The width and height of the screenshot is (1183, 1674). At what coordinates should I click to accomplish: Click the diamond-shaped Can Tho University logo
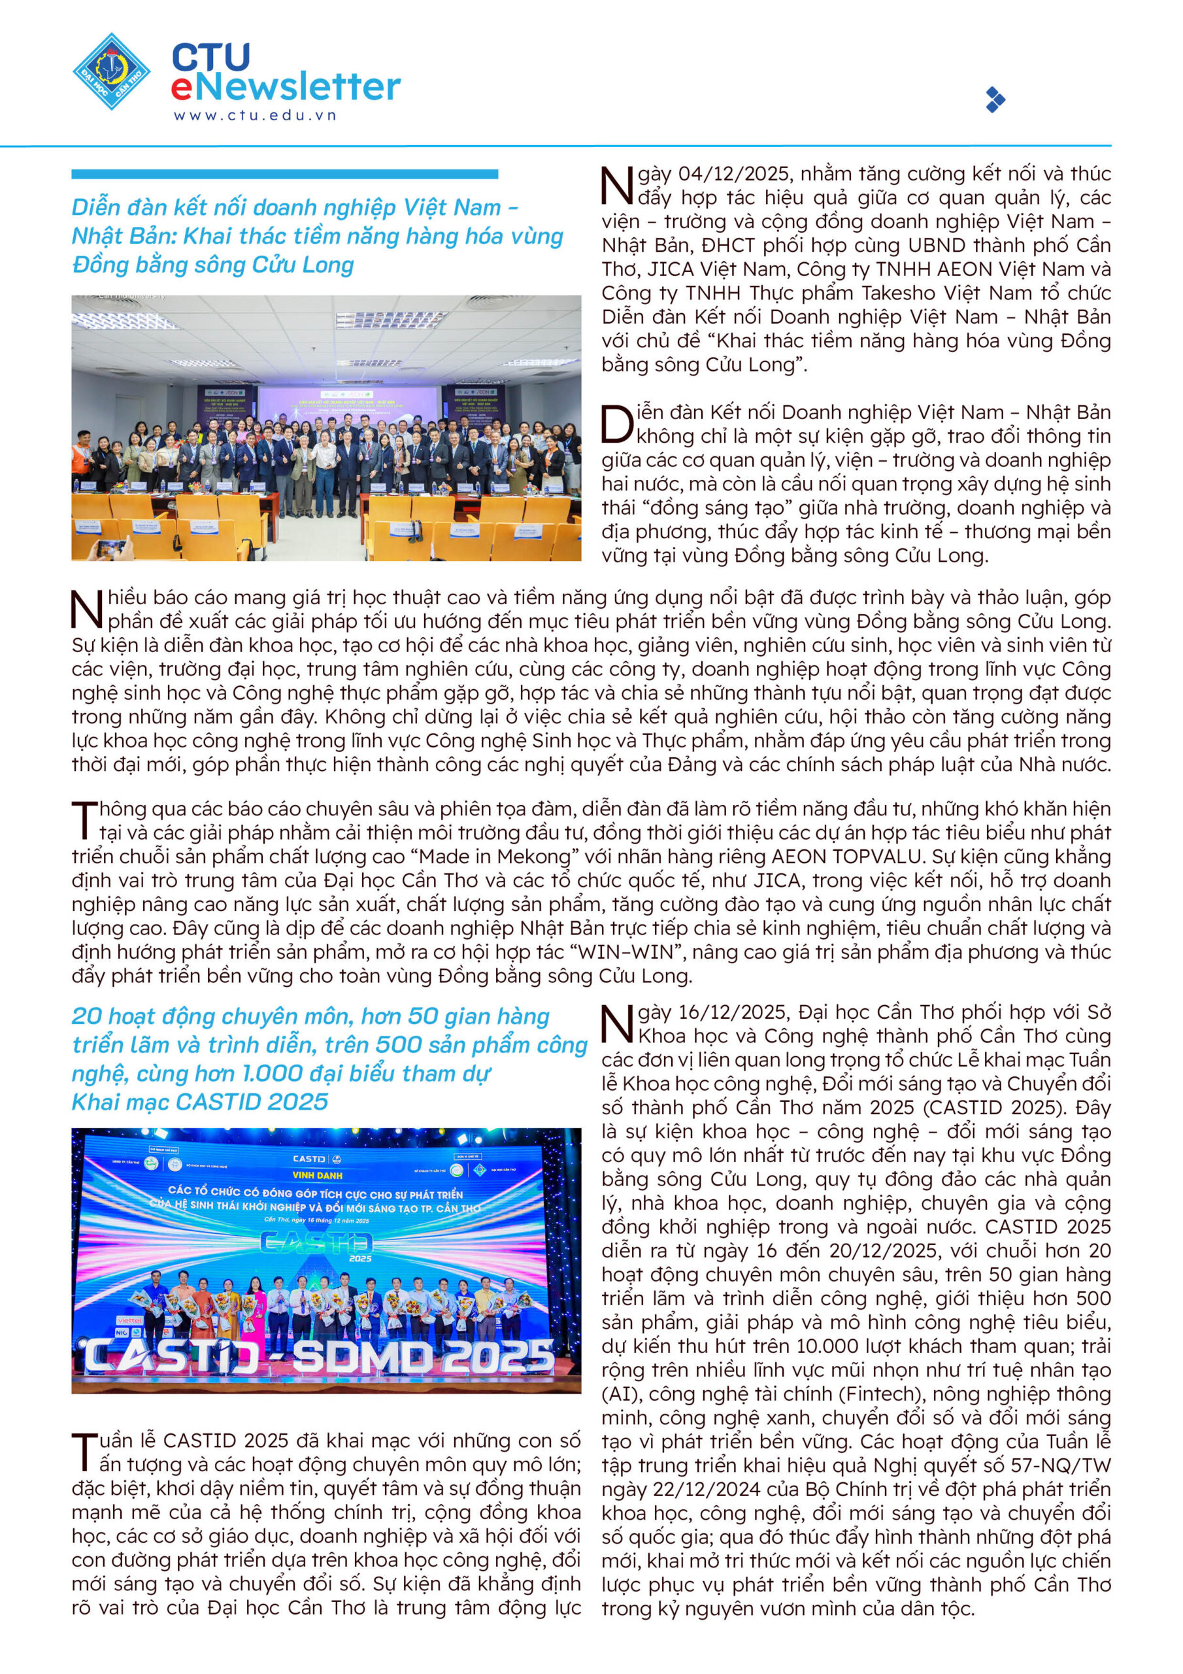click(x=112, y=71)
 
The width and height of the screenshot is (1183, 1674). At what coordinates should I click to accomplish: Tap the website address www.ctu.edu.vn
click(x=254, y=115)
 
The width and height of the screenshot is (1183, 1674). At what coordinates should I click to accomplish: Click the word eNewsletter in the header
click(x=286, y=87)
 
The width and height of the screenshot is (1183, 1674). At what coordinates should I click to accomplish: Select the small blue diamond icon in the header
click(x=995, y=99)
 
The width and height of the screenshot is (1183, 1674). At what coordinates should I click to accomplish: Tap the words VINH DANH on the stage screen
click(x=316, y=1175)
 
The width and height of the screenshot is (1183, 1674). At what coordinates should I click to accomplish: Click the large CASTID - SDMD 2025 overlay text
click(x=318, y=1358)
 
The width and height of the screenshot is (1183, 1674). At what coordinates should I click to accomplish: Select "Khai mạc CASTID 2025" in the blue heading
click(x=200, y=1102)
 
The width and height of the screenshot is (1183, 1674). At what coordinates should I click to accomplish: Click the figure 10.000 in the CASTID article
click(x=824, y=1346)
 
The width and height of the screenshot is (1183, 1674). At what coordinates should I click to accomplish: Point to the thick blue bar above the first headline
click(x=284, y=174)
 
